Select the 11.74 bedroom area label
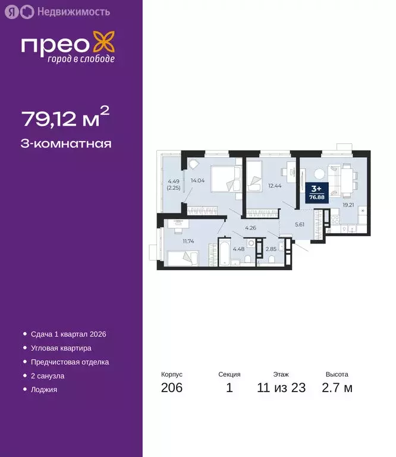point(188,241)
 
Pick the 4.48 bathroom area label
point(239,249)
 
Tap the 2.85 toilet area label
point(271,249)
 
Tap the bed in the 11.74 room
point(182,258)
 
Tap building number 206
point(172,389)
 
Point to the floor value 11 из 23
point(281,389)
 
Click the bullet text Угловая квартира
point(61,348)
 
